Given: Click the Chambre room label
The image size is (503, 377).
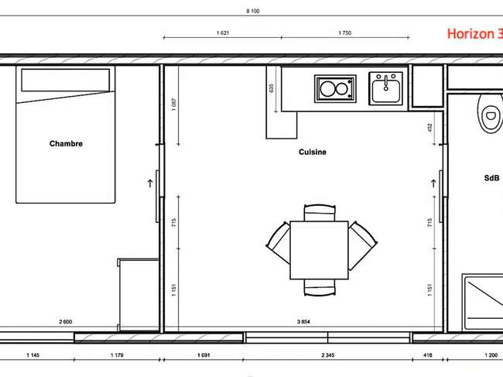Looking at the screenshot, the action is [66, 143].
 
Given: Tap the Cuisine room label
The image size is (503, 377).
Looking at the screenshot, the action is [313, 152].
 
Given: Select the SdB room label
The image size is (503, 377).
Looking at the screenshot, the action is [491, 178].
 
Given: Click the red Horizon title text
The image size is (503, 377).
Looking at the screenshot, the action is [475, 34].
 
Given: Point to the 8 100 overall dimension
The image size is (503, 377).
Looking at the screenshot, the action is [253, 11].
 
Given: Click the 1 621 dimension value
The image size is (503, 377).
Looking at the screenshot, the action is [223, 33].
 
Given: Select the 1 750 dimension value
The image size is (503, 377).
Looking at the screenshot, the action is [345, 33].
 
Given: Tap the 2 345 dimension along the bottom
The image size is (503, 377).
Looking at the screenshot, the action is [328, 355].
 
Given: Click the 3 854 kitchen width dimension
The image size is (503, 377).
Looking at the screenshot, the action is [303, 321].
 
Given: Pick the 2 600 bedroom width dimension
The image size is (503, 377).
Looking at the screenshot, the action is [66, 321].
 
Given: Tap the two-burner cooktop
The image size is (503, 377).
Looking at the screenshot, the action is [335, 89].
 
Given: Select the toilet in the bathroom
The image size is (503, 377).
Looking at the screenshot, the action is [489, 112].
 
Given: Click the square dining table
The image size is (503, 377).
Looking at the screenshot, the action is [319, 250].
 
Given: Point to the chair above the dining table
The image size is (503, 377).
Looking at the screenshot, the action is [320, 213].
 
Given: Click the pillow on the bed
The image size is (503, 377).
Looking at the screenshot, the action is [66, 80].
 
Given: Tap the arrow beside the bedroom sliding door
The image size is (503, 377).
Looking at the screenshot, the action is [150, 183].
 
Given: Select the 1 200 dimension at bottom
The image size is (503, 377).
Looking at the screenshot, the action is [491, 355].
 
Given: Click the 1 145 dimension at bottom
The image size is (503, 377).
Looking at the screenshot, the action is [33, 355].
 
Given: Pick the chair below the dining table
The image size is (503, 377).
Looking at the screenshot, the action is [320, 287].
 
